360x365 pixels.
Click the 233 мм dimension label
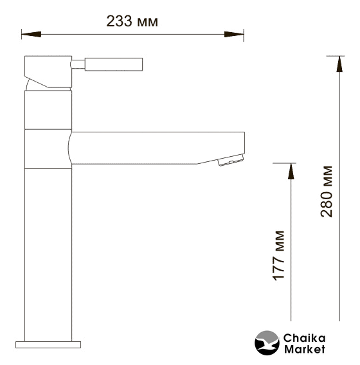pos(132,21)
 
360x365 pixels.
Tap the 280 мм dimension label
pos(327,191)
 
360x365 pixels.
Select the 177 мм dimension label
pos(278,256)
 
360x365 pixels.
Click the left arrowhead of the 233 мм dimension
pos(32,34)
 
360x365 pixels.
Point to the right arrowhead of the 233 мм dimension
pos(234,34)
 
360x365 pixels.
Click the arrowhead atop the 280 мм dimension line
pos(339,64)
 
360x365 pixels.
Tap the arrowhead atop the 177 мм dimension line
pos(291,171)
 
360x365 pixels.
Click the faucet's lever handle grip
pos(114,64)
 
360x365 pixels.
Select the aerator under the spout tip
pos(231,160)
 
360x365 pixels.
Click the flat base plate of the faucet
pos(48,344)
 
